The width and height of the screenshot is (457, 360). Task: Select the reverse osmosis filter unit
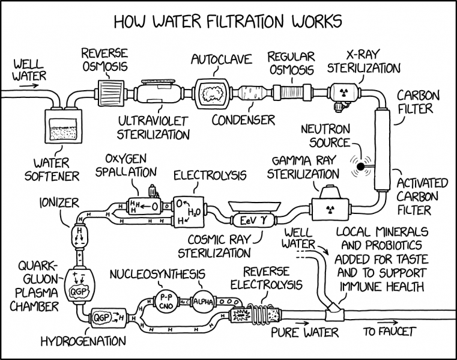pos(109,93)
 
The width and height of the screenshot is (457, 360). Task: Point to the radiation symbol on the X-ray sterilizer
pos(344,93)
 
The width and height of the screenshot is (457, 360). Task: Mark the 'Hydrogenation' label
pos(83,341)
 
